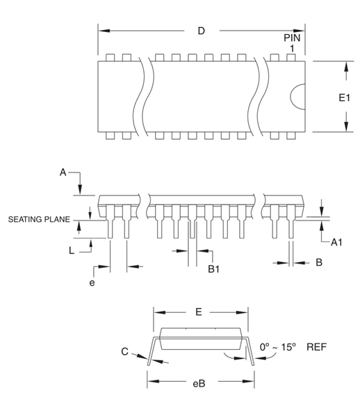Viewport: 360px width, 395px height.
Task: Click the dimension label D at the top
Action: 202,31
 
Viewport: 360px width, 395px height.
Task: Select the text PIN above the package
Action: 293,36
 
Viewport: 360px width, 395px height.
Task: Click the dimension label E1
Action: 344,99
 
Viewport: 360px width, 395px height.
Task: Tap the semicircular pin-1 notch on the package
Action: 297,96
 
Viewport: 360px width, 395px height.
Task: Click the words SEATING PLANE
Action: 39,220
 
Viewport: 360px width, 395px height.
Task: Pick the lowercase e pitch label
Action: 91,283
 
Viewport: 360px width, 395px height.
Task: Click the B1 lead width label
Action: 216,267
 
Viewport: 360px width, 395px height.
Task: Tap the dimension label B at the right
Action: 318,262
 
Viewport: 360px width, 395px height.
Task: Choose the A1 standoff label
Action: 337,242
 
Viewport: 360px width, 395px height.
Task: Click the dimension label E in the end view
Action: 199,312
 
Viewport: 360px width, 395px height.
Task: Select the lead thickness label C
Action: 124,352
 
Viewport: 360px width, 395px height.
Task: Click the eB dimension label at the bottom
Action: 199,382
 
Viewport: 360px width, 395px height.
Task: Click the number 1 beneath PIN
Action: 293,48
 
